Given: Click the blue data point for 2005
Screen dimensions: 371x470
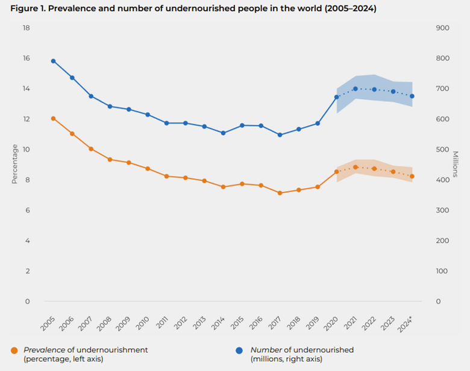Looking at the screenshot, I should click(53, 61).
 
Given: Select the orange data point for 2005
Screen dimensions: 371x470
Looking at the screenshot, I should click(53, 118).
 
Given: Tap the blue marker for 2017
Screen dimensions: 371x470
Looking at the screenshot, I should click(280, 135).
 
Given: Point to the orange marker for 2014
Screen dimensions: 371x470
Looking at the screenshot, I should click(223, 187).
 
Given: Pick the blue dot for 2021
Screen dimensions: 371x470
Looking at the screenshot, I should click(356, 89).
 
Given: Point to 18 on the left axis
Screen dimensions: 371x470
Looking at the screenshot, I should click(26, 28).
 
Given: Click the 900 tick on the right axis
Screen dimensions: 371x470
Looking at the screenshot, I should click(443, 28).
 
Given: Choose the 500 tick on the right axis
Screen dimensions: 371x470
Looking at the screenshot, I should click(443, 150).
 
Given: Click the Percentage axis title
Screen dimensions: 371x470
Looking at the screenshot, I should click(14, 163).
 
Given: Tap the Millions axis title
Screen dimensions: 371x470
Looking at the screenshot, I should click(456, 164).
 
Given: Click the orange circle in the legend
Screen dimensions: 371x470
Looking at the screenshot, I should click(14, 350).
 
